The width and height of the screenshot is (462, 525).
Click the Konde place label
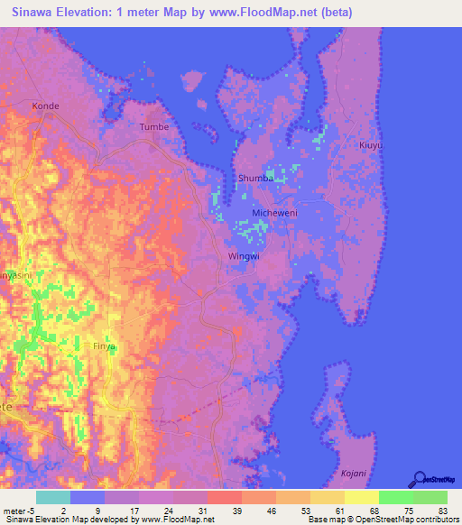coord(46,106)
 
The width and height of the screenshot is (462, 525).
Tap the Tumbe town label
coord(154,127)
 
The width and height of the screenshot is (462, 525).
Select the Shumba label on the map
coord(255,179)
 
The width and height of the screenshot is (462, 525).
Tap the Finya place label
coord(105,345)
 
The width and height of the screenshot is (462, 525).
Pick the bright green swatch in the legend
coord(395,497)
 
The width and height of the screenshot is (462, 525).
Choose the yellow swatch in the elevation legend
coord(361,497)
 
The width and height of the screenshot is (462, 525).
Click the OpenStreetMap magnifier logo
coord(420,479)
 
